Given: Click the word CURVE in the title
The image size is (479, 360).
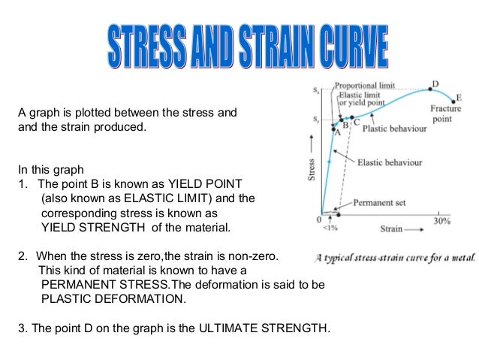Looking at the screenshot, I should [x=351, y=47].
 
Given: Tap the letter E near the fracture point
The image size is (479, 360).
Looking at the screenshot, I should [x=459, y=98].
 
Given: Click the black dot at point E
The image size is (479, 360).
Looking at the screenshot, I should [x=453, y=102].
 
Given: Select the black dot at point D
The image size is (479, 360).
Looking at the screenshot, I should [x=430, y=89].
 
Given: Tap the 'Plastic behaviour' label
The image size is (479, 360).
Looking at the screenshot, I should [x=395, y=129].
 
